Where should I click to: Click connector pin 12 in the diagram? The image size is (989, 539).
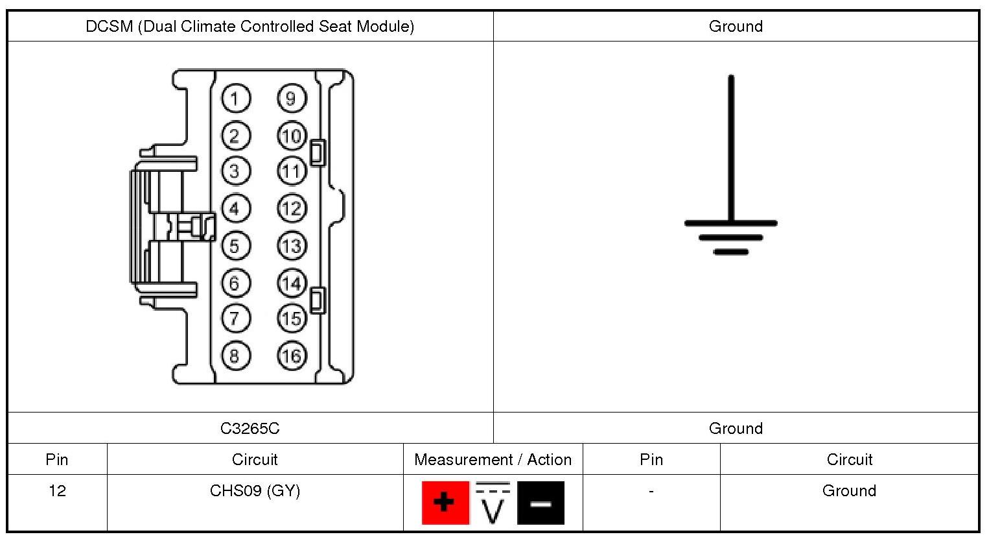pos(292,209)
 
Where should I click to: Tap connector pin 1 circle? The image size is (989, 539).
pos(235,99)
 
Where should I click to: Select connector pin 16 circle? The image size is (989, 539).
pos(292,355)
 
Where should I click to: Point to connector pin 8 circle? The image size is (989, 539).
pos(235,355)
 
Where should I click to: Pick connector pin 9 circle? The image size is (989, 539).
pos(291,99)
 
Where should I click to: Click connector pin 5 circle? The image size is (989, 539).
pos(235,246)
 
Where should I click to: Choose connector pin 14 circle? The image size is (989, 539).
pos(292,283)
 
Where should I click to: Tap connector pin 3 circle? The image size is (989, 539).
pos(235,171)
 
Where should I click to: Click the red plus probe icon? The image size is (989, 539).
pos(445,502)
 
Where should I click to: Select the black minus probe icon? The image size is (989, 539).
pos(541,503)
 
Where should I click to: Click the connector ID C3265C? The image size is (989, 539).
pos(250,428)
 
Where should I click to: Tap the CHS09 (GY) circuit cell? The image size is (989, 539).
pos(255,490)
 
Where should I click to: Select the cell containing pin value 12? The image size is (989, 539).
pos(57,490)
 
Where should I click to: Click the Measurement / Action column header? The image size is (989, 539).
pos(493,459)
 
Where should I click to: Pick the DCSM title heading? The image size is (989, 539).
pos(250,27)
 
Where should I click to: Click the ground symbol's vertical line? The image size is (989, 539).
pos(731,149)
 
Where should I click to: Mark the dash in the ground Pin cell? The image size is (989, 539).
pos(651,491)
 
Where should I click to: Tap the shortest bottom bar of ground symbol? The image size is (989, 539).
pos(731,252)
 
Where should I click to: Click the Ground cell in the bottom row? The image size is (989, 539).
pos(849,490)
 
